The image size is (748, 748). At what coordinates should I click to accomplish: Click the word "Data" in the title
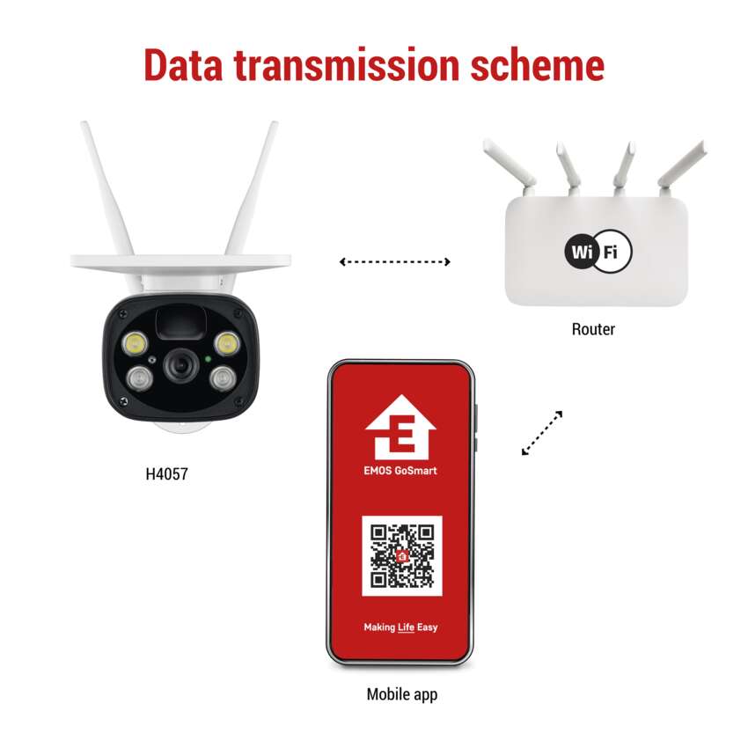(x=184, y=65)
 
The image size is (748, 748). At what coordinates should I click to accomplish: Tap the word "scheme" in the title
(x=538, y=65)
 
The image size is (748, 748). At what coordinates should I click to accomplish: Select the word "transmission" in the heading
(x=347, y=65)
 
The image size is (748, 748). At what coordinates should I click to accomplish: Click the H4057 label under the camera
(x=166, y=473)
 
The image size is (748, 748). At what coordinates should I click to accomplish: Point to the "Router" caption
(x=593, y=329)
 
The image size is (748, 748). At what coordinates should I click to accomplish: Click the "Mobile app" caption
(x=401, y=694)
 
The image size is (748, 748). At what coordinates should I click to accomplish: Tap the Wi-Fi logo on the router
(x=598, y=251)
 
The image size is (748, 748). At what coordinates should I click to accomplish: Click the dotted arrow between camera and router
(x=394, y=261)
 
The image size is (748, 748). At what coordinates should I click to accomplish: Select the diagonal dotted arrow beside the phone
(x=542, y=433)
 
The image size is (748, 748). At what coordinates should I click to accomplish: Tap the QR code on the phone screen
(x=402, y=556)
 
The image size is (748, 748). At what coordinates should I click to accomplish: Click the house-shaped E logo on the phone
(x=400, y=427)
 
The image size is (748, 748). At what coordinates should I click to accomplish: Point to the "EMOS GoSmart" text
(x=400, y=471)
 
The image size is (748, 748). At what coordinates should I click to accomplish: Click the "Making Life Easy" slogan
(x=400, y=627)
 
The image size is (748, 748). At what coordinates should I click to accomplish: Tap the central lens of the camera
(x=181, y=366)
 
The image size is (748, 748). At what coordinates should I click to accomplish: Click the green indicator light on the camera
(x=208, y=359)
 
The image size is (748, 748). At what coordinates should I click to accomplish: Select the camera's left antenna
(x=106, y=188)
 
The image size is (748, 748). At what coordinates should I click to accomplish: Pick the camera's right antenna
(x=252, y=188)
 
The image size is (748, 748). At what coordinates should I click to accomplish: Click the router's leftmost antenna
(x=510, y=166)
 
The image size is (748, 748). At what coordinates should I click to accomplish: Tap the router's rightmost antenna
(x=682, y=166)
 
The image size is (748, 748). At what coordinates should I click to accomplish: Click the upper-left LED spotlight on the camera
(x=136, y=343)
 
